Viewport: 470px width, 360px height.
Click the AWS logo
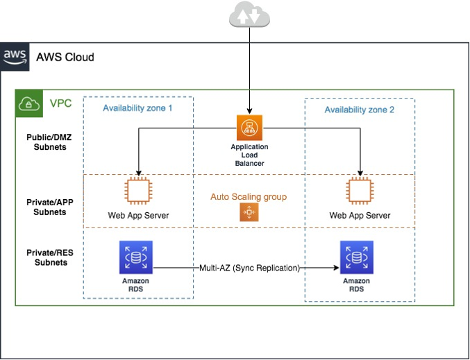15,56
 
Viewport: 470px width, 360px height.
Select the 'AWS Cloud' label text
65,57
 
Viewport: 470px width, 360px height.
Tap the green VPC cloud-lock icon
28,103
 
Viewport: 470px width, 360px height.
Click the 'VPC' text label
60,104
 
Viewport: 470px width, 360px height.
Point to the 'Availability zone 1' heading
137,108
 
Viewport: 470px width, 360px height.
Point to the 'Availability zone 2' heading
359,110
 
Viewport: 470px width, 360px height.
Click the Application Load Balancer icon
249,127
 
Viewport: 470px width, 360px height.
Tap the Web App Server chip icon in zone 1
138,191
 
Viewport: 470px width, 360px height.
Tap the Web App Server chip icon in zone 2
360,191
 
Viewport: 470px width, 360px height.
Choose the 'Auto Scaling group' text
249,197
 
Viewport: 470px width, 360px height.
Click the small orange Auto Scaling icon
249,213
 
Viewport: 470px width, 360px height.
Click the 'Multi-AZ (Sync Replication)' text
249,268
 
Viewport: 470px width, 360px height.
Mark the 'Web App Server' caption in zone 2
360,215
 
